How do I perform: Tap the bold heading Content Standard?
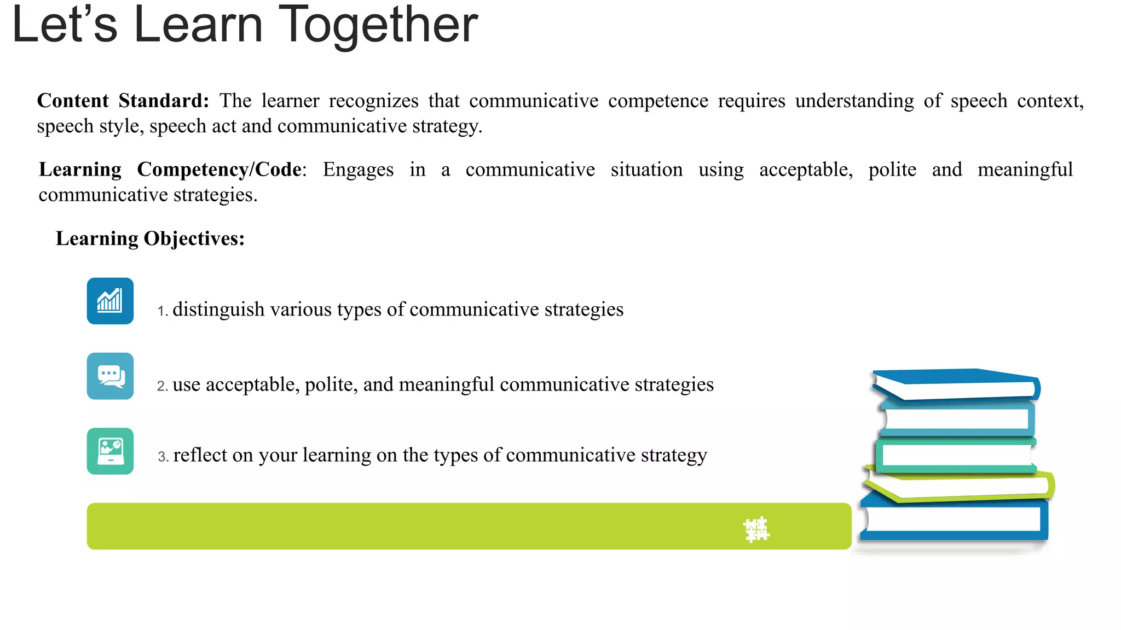coord(123,101)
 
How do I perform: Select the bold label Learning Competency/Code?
coord(170,170)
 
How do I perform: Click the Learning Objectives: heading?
coord(150,239)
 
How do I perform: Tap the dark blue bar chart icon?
coord(110,301)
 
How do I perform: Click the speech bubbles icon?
coord(110,376)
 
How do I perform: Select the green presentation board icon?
coord(110,451)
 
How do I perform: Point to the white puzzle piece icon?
coord(756,529)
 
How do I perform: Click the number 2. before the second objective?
coord(162,386)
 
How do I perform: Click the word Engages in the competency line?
coord(358,170)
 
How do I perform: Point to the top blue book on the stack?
coord(956,384)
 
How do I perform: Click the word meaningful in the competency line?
coord(1025,170)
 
